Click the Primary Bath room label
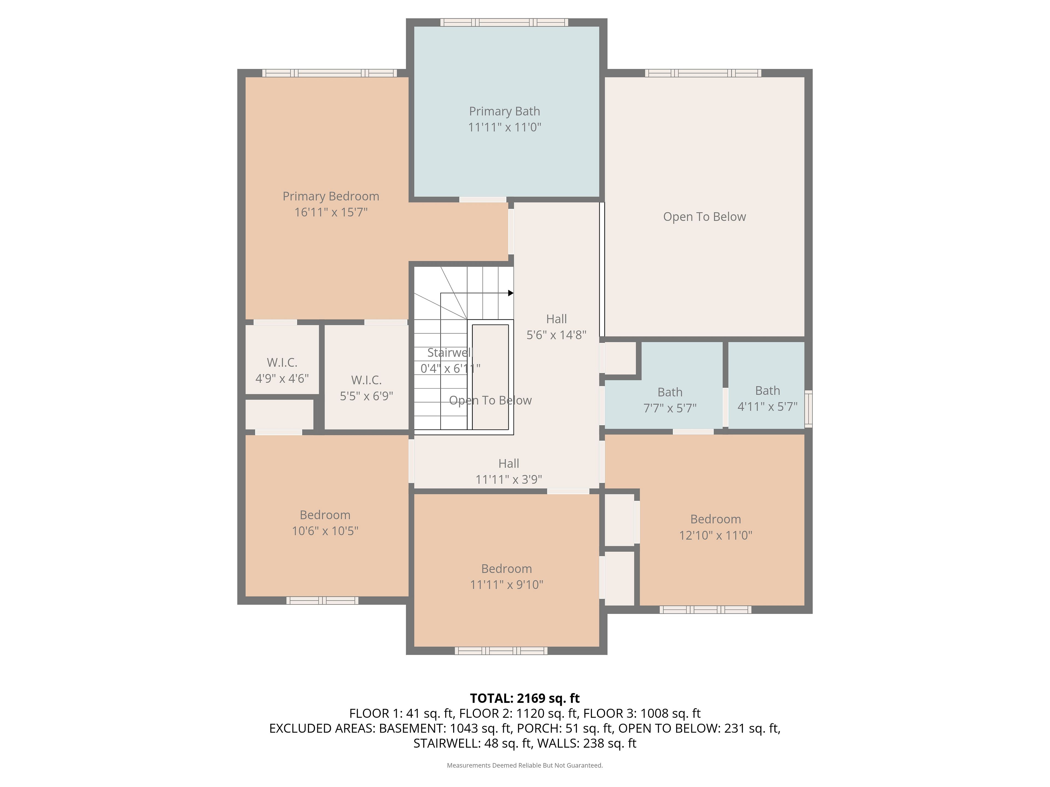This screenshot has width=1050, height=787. [504, 111]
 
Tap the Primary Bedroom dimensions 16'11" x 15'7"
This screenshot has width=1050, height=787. [331, 212]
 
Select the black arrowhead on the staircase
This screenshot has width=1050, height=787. [511, 293]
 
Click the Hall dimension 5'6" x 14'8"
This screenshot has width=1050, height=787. [556, 335]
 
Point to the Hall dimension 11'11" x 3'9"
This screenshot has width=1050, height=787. [509, 480]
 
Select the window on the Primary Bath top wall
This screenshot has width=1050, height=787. [504, 22]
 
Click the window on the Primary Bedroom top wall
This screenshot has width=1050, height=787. [329, 73]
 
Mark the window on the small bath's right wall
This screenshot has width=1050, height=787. [808, 409]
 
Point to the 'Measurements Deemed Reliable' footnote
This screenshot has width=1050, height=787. [524, 765]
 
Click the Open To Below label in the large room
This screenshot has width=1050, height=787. [704, 217]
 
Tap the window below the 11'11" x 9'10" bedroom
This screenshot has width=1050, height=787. [501, 651]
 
